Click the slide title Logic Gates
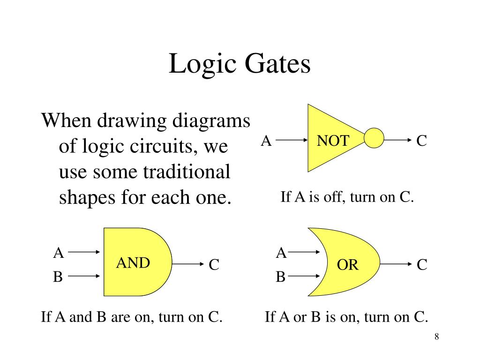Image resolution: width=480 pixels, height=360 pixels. point(240,64)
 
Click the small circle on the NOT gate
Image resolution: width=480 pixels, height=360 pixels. point(374,139)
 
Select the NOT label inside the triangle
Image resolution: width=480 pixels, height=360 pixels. point(332,140)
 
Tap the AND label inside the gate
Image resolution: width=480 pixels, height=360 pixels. point(133,263)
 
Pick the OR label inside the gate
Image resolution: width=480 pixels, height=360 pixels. point(348,265)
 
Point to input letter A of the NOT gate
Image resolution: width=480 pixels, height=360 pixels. point(266,141)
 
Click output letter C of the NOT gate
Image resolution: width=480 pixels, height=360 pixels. point(421,141)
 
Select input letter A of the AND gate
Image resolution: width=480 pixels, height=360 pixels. point(58,253)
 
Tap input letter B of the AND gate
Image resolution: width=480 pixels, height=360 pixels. point(58,277)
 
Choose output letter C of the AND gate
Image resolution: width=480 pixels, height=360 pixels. point(214,265)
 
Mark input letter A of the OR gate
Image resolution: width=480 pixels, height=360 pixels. point(281,253)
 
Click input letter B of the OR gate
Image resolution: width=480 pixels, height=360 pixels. point(280,277)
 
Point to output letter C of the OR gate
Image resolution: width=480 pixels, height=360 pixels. point(422,265)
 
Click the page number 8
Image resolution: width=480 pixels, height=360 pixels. point(436,337)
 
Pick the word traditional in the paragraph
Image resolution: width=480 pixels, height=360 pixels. point(187,172)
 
